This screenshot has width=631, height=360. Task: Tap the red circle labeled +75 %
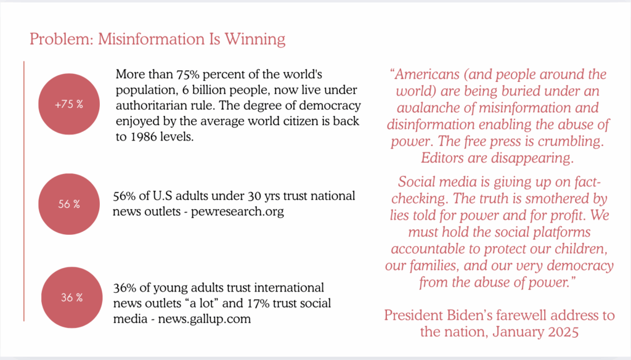point(69,104)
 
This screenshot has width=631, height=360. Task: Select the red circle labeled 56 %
point(69,204)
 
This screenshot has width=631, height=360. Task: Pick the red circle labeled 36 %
point(71,298)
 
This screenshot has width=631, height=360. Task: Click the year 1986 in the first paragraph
point(143,137)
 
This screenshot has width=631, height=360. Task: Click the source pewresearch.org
point(237,211)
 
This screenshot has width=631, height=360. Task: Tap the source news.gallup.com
point(205,319)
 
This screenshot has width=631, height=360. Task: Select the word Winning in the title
point(254,39)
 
